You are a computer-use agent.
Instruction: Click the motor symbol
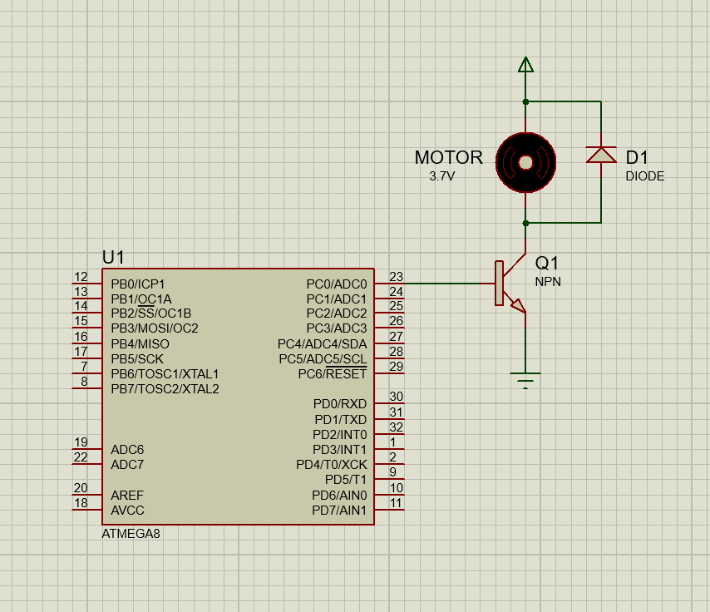pos(525,162)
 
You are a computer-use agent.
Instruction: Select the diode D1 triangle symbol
pos(601,155)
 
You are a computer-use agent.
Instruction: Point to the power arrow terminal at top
pos(525,64)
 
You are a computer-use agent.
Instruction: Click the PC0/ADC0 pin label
pos(336,284)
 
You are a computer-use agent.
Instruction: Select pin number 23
pos(396,277)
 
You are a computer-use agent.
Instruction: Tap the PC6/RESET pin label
pos(332,374)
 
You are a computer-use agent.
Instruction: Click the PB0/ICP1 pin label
pos(138,284)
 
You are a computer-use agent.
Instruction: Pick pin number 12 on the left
pos(81,277)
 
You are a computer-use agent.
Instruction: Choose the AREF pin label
pos(127,495)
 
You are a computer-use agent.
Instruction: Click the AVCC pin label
pos(127,510)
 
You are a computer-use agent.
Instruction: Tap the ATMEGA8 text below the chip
pos(131,534)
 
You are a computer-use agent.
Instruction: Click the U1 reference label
pos(113,257)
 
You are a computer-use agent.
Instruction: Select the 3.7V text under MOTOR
pos(442,177)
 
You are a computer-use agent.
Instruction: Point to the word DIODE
pos(645,176)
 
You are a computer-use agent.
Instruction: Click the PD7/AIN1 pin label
pos(339,510)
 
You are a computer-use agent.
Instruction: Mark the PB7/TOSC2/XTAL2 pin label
pos(165,389)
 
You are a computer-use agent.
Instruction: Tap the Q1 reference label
pos(548,263)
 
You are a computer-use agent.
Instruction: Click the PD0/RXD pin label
pos(340,404)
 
